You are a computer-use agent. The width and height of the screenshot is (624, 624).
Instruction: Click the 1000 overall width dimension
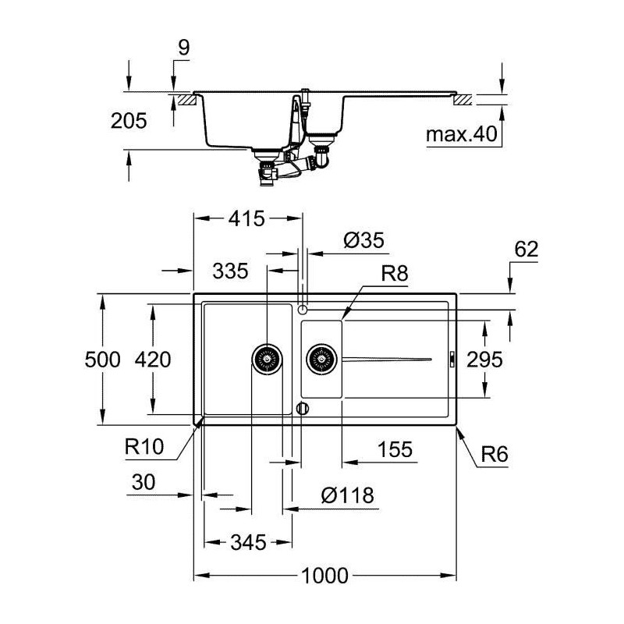click(x=324, y=576)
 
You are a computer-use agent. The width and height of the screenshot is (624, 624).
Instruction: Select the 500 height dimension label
click(x=102, y=360)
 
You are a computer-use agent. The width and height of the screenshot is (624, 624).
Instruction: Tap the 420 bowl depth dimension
click(x=153, y=360)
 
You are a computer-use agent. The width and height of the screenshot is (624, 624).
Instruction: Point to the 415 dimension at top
click(x=246, y=218)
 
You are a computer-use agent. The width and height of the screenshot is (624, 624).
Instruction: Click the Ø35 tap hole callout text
click(x=364, y=240)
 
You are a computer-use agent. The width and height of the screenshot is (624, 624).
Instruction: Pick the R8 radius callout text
click(x=395, y=274)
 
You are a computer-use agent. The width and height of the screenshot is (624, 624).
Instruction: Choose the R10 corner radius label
click(x=144, y=446)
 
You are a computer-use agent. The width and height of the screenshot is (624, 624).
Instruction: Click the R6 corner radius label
click(x=495, y=454)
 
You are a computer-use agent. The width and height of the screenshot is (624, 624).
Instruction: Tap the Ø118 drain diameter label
click(x=347, y=495)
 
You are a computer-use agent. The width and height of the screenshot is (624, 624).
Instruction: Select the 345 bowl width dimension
click(x=248, y=542)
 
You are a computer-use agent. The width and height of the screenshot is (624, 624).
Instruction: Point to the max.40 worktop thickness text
click(x=462, y=134)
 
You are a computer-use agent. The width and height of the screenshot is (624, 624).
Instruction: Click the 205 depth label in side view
click(x=129, y=121)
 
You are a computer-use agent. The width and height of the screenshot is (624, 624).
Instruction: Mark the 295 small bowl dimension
click(x=484, y=360)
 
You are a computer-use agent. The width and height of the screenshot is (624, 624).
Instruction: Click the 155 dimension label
click(x=395, y=450)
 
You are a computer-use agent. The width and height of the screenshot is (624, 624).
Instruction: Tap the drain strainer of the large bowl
click(x=267, y=359)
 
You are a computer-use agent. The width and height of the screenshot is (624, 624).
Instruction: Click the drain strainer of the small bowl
click(x=321, y=359)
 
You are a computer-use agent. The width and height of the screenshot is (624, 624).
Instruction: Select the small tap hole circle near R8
click(x=303, y=308)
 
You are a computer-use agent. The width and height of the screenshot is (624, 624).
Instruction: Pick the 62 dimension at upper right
click(x=526, y=249)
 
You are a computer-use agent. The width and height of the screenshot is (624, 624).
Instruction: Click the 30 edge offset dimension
click(x=144, y=482)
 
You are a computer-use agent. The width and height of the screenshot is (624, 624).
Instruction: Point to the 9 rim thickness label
click(x=183, y=48)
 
